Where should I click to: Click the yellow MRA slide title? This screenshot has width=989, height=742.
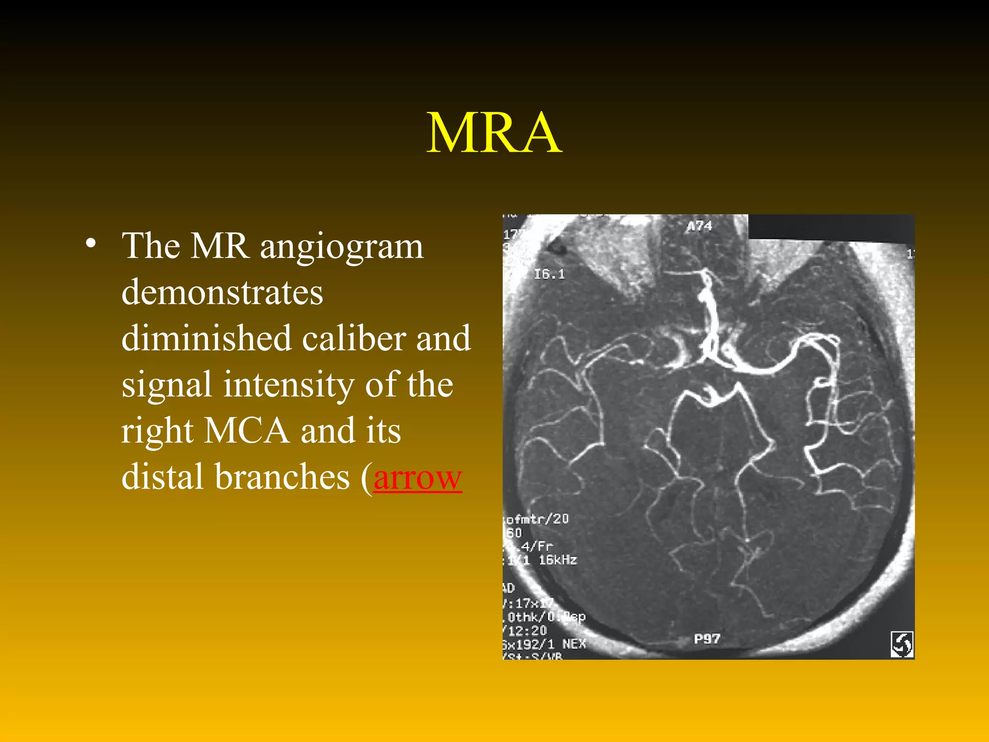click(494, 133)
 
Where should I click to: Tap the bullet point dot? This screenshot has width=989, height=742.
click(90, 244)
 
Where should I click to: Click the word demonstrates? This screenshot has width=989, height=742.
click(222, 292)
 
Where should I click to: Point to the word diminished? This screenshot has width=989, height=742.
click(206, 338)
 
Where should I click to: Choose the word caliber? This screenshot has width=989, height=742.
click(353, 338)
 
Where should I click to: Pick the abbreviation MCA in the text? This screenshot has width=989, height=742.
click(246, 430)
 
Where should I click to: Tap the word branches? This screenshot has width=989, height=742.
click(282, 477)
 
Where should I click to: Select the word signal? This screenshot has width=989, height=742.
click(166, 385)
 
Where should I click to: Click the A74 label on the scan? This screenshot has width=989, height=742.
click(699, 226)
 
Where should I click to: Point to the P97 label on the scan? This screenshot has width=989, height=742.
click(707, 639)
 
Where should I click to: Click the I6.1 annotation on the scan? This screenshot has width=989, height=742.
click(549, 274)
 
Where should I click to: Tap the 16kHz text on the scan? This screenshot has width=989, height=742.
click(558, 560)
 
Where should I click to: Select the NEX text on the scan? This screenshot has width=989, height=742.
click(574, 644)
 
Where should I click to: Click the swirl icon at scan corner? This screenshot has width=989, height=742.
click(902, 644)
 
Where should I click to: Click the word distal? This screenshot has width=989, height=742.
click(162, 477)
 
